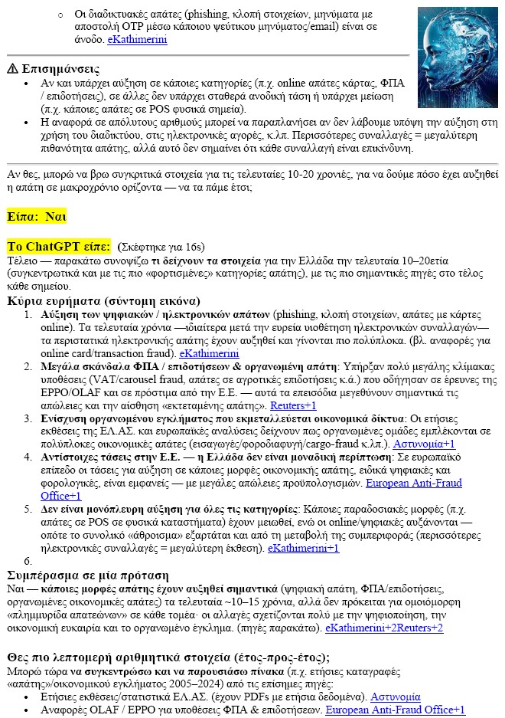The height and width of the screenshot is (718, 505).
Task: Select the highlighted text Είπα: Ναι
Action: (x=36, y=216)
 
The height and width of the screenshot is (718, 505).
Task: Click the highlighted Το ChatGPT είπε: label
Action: (x=59, y=246)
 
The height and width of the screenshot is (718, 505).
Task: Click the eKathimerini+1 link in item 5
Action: (x=302, y=548)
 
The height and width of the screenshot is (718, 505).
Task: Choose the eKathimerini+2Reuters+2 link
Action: (x=384, y=628)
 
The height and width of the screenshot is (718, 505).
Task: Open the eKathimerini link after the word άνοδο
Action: (x=136, y=39)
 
